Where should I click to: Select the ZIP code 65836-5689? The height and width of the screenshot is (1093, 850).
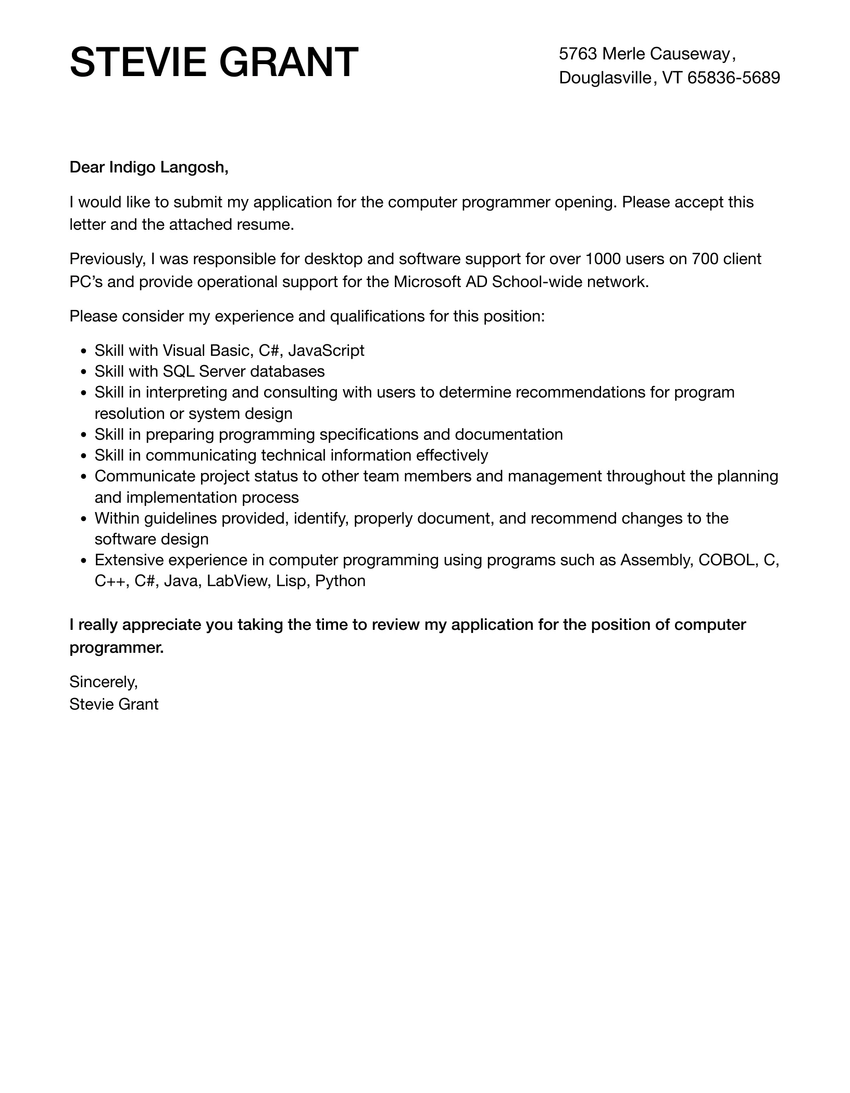coord(733,78)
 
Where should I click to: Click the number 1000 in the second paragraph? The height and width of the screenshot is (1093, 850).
coord(603,259)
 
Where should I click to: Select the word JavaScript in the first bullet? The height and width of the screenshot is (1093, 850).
coord(326,351)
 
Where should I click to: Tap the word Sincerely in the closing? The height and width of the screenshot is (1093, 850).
coord(103,681)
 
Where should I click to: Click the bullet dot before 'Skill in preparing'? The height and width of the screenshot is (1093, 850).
coord(84,435)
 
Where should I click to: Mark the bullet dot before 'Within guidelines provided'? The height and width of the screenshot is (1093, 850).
coord(84,519)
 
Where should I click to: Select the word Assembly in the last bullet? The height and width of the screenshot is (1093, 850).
coord(656,560)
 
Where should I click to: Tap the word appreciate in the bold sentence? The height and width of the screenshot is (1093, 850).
coord(161,625)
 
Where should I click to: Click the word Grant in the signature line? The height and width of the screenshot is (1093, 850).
coord(139,704)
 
